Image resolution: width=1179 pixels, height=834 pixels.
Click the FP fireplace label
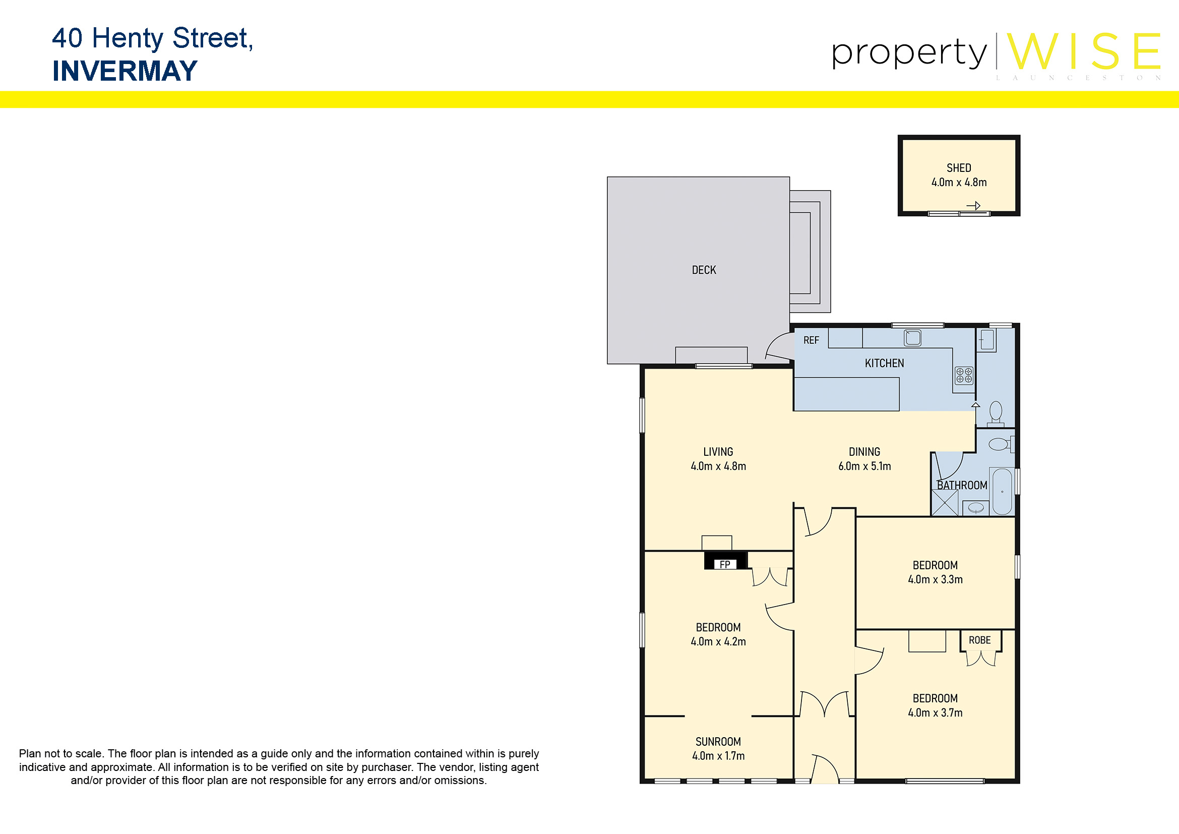pyautogui.click(x=724, y=564)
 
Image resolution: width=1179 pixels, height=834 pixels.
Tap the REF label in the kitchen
pyautogui.click(x=812, y=340)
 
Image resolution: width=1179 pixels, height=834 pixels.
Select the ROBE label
pyautogui.click(x=980, y=640)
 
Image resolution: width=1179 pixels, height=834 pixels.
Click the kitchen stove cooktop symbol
pyautogui.click(x=964, y=376)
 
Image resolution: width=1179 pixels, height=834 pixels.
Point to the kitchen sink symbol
pyautogui.click(x=912, y=338)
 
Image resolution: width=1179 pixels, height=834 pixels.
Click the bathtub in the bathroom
pyautogui.click(x=1002, y=492)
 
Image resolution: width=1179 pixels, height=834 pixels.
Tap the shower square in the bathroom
pyautogui.click(x=945, y=503)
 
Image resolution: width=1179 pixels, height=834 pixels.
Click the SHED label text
pyautogui.click(x=959, y=168)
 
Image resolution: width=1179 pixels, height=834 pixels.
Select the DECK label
pyautogui.click(x=704, y=270)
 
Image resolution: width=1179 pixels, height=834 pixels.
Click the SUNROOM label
pyautogui.click(x=718, y=742)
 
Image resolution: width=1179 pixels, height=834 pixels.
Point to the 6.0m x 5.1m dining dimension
pyautogui.click(x=865, y=466)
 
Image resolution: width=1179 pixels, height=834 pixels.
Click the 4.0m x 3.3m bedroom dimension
pyautogui.click(x=935, y=579)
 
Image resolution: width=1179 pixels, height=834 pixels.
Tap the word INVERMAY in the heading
pyautogui.click(x=125, y=71)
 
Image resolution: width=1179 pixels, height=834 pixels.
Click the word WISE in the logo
pyautogui.click(x=1084, y=51)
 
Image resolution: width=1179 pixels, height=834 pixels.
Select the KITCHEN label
pyautogui.click(x=884, y=364)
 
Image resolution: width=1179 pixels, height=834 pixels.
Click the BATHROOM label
pyautogui.click(x=962, y=485)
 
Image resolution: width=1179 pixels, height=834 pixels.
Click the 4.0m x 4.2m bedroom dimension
pyautogui.click(x=718, y=641)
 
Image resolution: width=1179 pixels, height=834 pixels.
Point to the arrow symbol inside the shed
pyautogui.click(x=973, y=206)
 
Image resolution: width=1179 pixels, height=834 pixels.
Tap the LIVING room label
pyautogui.click(x=718, y=452)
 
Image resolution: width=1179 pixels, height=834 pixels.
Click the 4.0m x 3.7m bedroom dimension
pyautogui.click(x=935, y=713)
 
